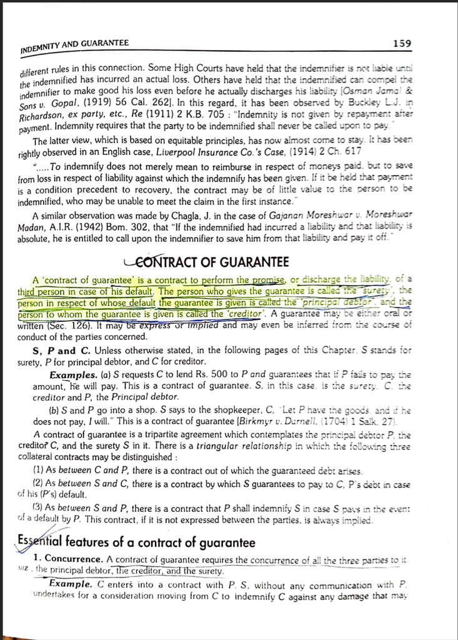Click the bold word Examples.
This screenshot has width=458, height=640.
tap(72, 374)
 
